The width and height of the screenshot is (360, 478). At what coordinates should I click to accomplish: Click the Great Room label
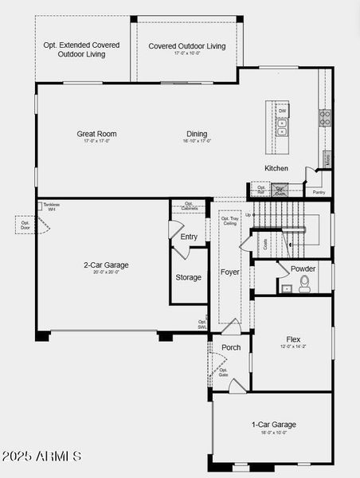click(x=96, y=134)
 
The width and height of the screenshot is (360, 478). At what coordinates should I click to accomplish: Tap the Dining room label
click(x=197, y=134)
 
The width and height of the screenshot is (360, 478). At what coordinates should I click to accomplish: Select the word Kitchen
click(x=276, y=169)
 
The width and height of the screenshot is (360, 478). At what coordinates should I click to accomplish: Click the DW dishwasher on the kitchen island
click(x=282, y=111)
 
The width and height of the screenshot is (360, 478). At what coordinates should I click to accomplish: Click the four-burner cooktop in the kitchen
click(x=325, y=118)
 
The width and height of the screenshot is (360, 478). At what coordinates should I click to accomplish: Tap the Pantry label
click(x=319, y=192)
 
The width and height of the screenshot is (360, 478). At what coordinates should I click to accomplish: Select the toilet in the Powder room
click(x=304, y=286)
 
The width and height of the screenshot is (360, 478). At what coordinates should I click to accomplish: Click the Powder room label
click(x=303, y=269)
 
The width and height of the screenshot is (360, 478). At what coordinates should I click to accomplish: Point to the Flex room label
click(x=293, y=339)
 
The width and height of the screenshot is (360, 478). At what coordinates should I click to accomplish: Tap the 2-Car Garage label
click(x=106, y=265)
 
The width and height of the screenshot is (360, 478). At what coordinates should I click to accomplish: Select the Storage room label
click(x=189, y=278)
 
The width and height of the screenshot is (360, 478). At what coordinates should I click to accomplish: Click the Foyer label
click(x=229, y=272)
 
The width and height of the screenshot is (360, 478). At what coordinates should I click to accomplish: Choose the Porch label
click(x=231, y=347)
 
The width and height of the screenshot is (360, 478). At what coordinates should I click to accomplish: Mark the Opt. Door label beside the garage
click(x=25, y=225)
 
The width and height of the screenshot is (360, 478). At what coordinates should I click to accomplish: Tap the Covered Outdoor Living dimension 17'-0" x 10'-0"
click(x=186, y=55)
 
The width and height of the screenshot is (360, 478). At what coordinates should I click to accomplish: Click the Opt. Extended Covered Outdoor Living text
click(x=85, y=49)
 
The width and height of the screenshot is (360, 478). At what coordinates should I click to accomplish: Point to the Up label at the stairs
click(x=248, y=215)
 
